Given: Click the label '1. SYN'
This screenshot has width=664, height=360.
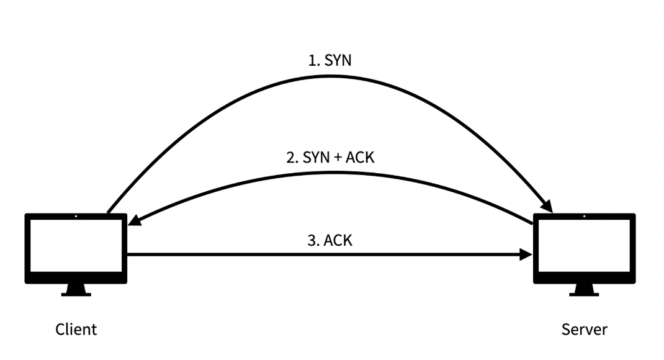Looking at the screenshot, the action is pyautogui.click(x=330, y=61).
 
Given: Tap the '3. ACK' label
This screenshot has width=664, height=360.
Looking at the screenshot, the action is pyautogui.click(x=330, y=240).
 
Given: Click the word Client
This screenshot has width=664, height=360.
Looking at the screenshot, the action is pyautogui.click(x=76, y=329).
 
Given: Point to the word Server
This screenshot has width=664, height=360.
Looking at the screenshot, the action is pyautogui.click(x=585, y=329).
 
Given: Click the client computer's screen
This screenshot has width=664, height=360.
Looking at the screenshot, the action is pyautogui.click(x=76, y=246).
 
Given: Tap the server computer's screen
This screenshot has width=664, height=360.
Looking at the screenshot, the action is pyautogui.click(x=584, y=246).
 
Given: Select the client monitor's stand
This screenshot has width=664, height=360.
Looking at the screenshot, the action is pyautogui.click(x=76, y=290).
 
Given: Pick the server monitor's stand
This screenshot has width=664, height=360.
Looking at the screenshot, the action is pyautogui.click(x=584, y=290).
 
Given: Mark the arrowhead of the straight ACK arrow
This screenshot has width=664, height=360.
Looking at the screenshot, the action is pyautogui.click(x=527, y=254).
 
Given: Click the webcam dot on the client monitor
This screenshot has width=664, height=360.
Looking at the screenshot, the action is pyautogui.click(x=76, y=217).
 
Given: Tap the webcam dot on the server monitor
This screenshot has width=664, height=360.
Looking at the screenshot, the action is pyautogui.click(x=584, y=217).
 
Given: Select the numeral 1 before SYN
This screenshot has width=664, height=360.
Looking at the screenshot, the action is pyautogui.click(x=312, y=61).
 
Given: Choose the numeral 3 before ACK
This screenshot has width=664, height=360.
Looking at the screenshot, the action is pyautogui.click(x=311, y=240).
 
